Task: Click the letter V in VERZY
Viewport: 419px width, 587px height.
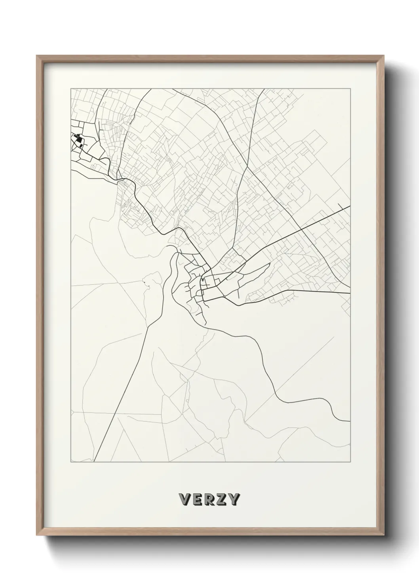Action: pyautogui.click(x=185, y=500)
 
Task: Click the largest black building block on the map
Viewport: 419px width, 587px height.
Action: pyautogui.click(x=78, y=140)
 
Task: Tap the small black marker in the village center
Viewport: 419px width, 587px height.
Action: pyautogui.click(x=203, y=280)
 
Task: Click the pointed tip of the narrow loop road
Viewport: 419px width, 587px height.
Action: pyautogui.click(x=269, y=264)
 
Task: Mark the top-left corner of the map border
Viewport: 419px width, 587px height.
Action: pyautogui.click(x=71, y=88)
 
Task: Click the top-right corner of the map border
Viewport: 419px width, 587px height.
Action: pyautogui.click(x=350, y=88)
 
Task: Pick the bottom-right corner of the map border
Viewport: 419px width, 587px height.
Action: pyautogui.click(x=350, y=462)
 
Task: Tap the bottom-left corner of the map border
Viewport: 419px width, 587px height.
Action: pyautogui.click(x=71, y=462)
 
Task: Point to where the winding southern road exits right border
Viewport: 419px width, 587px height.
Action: pyautogui.click(x=350, y=421)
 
